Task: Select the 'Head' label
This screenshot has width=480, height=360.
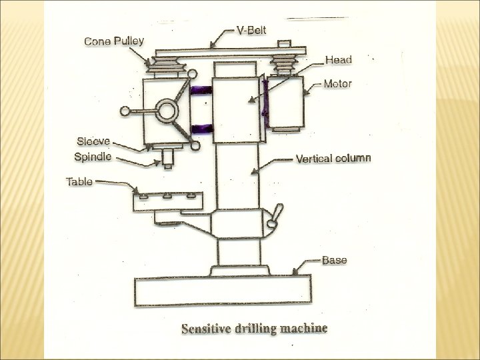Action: pyautogui.click(x=339, y=60)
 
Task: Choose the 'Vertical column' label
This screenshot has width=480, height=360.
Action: pyautogui.click(x=334, y=159)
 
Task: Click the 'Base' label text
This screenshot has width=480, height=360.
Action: pyautogui.click(x=334, y=260)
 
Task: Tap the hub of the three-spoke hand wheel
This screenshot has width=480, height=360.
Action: pyautogui.click(x=164, y=111)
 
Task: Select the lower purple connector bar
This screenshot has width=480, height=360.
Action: pyautogui.click(x=200, y=129)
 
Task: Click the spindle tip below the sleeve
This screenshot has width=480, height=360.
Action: pyautogui.click(x=167, y=159)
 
